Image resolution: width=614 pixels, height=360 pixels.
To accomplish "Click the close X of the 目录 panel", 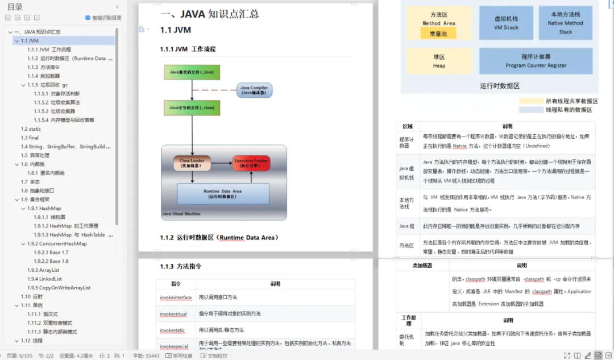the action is (x=117, y=7).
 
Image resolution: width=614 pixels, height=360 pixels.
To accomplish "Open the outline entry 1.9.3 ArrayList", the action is (x=43, y=270).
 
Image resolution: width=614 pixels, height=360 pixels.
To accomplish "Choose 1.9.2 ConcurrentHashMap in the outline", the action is (x=57, y=244).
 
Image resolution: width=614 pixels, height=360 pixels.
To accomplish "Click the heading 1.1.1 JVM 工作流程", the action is (x=188, y=49).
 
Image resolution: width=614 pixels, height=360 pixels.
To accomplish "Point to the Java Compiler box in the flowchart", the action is (x=254, y=90).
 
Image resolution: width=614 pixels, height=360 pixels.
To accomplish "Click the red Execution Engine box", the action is (x=251, y=164).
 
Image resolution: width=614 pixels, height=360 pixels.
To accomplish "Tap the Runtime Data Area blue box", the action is (x=215, y=194).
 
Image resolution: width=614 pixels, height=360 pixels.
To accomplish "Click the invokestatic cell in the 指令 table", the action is (x=176, y=330).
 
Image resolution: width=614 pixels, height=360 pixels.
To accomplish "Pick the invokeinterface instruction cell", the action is (x=176, y=297).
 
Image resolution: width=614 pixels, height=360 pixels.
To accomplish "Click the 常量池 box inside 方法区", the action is (x=438, y=34).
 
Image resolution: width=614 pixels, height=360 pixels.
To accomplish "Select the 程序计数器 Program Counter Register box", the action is (x=536, y=61).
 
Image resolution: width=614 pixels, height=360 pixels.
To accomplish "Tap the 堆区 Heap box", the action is (x=439, y=61).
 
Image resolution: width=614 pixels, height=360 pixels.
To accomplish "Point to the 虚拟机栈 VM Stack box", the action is (x=506, y=23).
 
